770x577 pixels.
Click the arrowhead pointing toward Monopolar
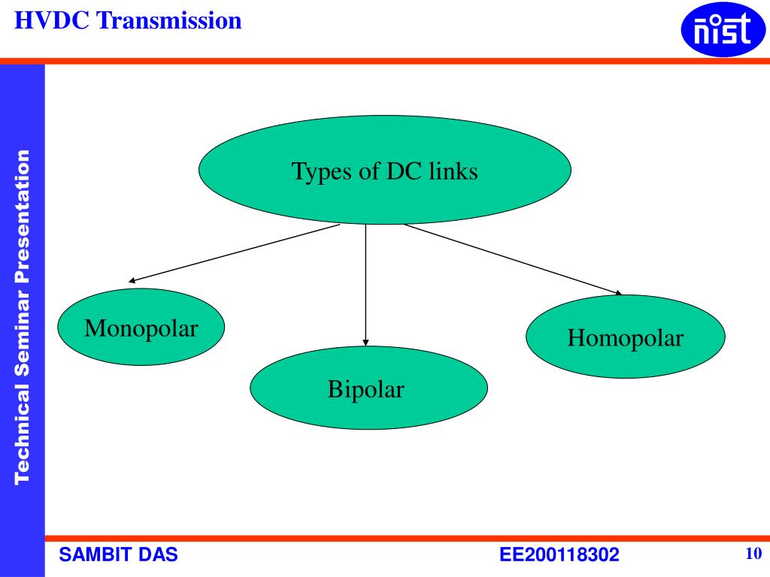tap(132, 281)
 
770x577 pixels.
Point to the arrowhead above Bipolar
tap(365, 342)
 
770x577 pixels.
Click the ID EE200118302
tap(559, 555)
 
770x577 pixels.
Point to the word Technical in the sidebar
tap(23, 436)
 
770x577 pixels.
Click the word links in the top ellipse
tap(453, 172)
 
